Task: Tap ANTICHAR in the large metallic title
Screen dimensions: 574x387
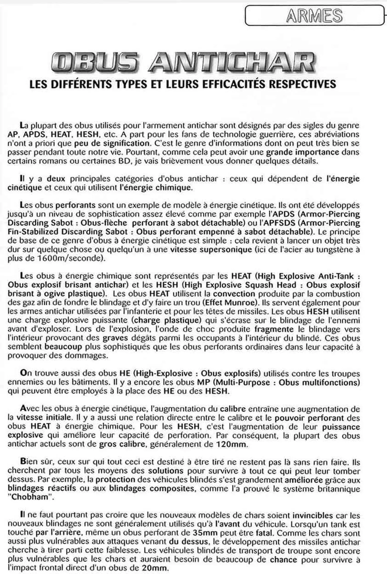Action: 232,63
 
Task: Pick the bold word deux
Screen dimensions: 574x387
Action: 56,179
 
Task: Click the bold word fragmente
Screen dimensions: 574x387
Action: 274,329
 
